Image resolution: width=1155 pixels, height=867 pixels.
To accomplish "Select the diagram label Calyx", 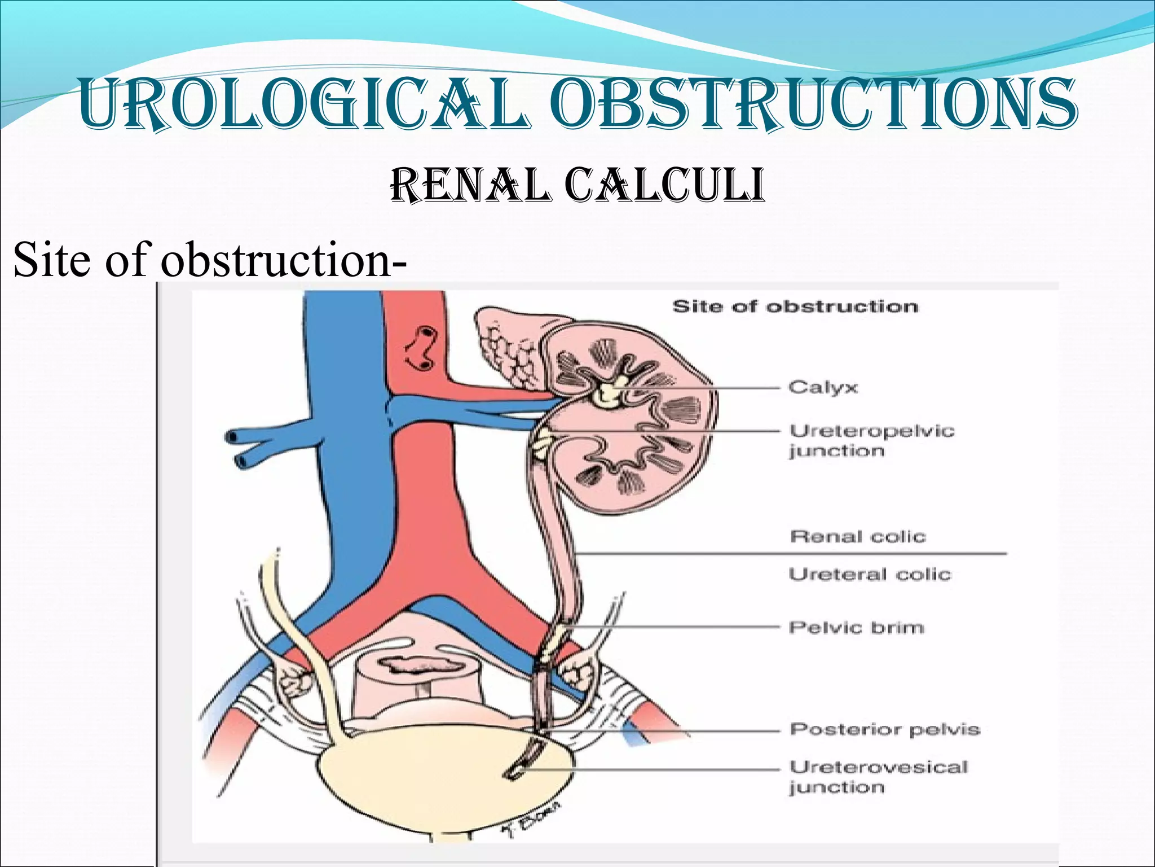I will pos(823,388).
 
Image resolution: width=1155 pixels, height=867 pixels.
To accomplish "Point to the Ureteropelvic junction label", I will pos(871,441).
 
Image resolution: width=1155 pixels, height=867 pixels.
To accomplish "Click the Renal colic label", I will pos(858,536).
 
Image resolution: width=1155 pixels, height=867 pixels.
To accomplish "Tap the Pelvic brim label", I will pos(856,628).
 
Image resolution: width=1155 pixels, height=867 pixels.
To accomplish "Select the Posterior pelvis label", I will pos(885,729).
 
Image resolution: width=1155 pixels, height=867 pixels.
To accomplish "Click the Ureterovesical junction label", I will pos(878,777).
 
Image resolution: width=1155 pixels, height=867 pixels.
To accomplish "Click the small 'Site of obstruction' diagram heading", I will pos(795,306).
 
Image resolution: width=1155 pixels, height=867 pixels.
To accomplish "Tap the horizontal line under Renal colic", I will pos(790,554).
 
